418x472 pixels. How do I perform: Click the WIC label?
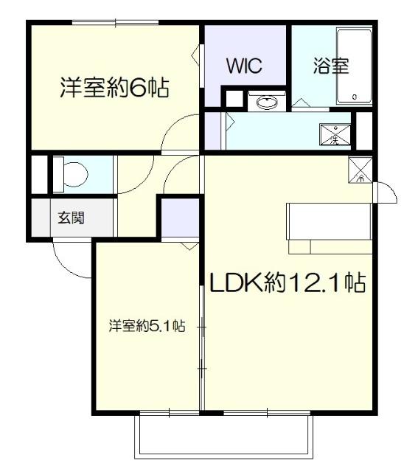tap(244, 66)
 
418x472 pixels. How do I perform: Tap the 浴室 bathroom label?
tap(330, 66)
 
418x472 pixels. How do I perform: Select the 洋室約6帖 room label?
tap(114, 88)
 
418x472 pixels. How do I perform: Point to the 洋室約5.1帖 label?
tap(147, 325)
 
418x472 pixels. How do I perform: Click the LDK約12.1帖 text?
tap(288, 282)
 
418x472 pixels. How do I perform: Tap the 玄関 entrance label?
tap(71, 218)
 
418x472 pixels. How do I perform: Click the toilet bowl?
tap(73, 175)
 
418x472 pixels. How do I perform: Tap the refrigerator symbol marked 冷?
tap(361, 170)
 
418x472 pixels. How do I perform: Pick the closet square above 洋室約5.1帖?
tap(179, 218)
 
